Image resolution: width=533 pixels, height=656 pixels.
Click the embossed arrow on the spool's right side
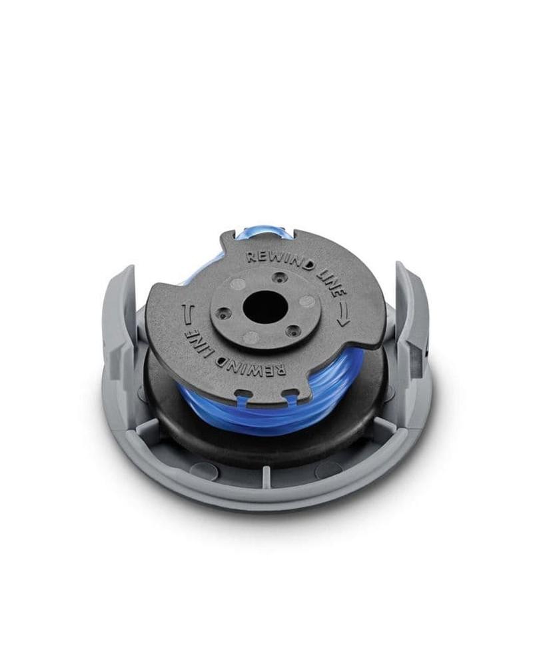[x=342, y=313]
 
